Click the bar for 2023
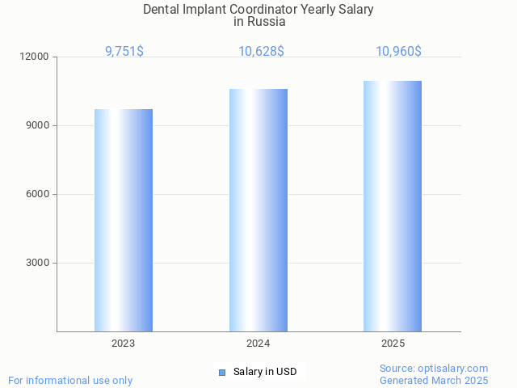124,220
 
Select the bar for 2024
258,210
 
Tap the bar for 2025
393,206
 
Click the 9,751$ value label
124,52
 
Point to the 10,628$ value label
261,52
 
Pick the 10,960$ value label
398,52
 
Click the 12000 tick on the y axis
36,57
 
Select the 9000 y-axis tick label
38,126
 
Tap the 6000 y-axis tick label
38,195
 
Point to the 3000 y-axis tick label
38,264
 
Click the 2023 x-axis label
124,344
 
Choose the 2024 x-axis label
258,344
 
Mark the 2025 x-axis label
393,344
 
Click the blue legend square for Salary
222,372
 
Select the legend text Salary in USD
265,372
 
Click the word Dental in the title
162,10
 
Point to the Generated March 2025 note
434,380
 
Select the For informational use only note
70,380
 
